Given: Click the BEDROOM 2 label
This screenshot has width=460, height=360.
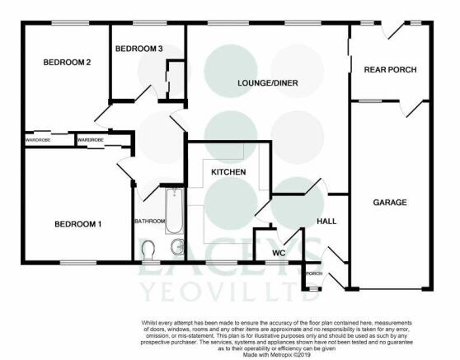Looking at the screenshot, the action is [x=67, y=62].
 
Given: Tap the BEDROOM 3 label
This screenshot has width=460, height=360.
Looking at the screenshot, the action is [x=138, y=49].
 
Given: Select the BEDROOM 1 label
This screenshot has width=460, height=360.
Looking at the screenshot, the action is [x=78, y=224].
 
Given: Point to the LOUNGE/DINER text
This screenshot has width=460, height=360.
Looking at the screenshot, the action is [x=268, y=83].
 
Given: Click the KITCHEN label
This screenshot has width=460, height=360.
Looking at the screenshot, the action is [x=228, y=172].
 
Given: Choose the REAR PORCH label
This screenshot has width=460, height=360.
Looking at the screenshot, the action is [x=390, y=70].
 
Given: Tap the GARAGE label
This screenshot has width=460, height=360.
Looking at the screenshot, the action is [x=390, y=203].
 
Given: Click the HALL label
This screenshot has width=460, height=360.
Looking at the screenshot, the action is [x=326, y=222].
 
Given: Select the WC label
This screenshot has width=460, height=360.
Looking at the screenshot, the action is [x=279, y=253].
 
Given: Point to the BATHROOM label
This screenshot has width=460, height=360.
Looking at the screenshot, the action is [x=149, y=221].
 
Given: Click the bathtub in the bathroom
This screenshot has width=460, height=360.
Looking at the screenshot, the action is [x=174, y=211].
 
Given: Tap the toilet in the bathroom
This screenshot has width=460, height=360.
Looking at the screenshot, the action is [x=148, y=250].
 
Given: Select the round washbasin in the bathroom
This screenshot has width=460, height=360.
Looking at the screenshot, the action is [x=177, y=246].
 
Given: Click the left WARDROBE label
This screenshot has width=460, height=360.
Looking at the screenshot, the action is [x=38, y=140].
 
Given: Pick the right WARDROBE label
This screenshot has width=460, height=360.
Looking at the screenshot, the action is [x=91, y=140].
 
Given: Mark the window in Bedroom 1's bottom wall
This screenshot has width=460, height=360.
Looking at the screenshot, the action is [x=78, y=263].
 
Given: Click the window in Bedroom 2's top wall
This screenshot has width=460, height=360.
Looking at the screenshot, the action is [x=70, y=23].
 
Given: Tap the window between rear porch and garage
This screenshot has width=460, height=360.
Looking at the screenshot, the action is [x=370, y=101].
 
